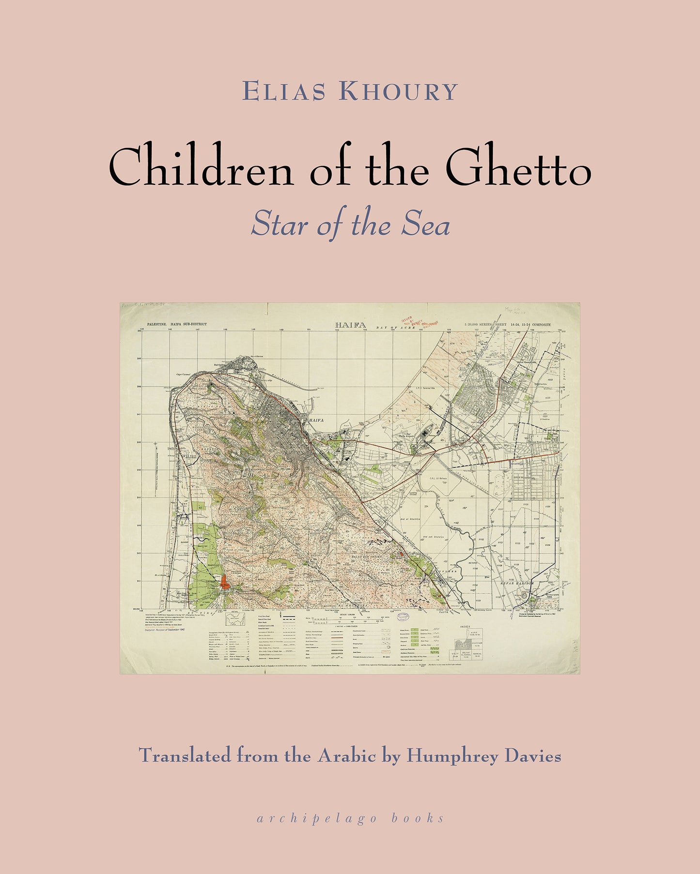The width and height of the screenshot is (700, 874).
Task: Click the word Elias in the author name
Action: coord(284,91)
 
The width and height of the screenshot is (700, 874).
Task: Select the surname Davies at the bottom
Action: coord(533,756)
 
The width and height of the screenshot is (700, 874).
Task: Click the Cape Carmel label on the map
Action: coord(184,375)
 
